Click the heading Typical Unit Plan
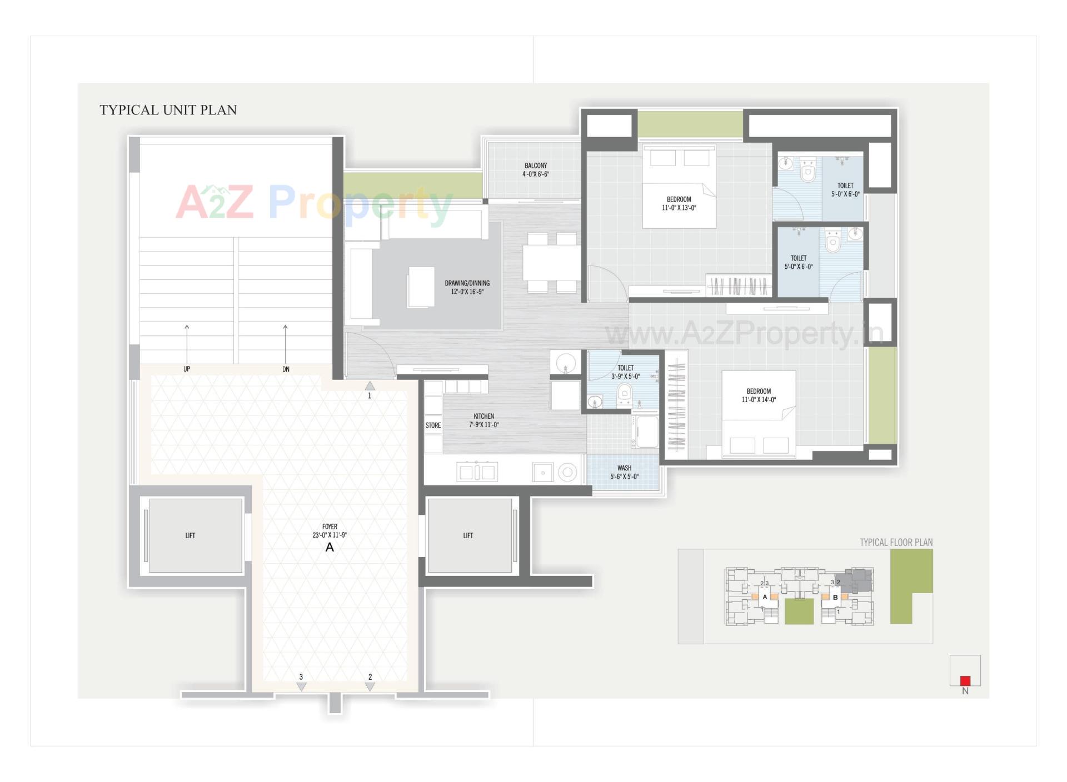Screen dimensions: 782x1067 (x=168, y=110)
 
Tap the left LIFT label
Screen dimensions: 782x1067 (x=190, y=535)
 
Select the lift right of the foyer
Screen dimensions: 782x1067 (x=468, y=535)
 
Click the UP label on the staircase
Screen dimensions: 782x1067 (x=187, y=369)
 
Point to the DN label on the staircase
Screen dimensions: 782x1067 (x=286, y=369)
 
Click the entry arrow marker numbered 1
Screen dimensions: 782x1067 (x=370, y=387)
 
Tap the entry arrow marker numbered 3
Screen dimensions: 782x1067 (x=301, y=686)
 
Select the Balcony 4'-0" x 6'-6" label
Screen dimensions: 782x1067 (x=536, y=170)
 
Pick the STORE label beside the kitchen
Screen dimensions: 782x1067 (x=433, y=425)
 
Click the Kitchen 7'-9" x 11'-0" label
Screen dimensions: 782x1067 (x=483, y=420)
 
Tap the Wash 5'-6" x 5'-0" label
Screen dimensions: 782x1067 (x=624, y=472)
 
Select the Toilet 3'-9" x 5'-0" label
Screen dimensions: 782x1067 (x=625, y=372)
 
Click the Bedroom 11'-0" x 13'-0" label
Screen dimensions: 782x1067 (x=679, y=203)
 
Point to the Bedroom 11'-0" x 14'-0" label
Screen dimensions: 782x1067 (x=759, y=395)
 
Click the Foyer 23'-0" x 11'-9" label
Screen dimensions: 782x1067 (x=330, y=531)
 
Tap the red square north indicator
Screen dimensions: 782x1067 (x=965, y=680)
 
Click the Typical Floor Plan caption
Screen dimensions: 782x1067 (x=896, y=542)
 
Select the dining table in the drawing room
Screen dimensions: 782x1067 (x=551, y=262)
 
